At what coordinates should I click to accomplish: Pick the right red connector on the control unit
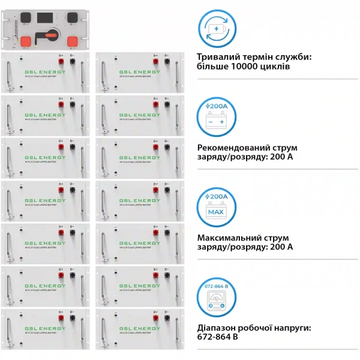point(73,42)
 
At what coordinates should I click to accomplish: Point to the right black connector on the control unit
point(72,17)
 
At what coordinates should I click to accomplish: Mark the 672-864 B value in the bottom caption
point(218,338)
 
